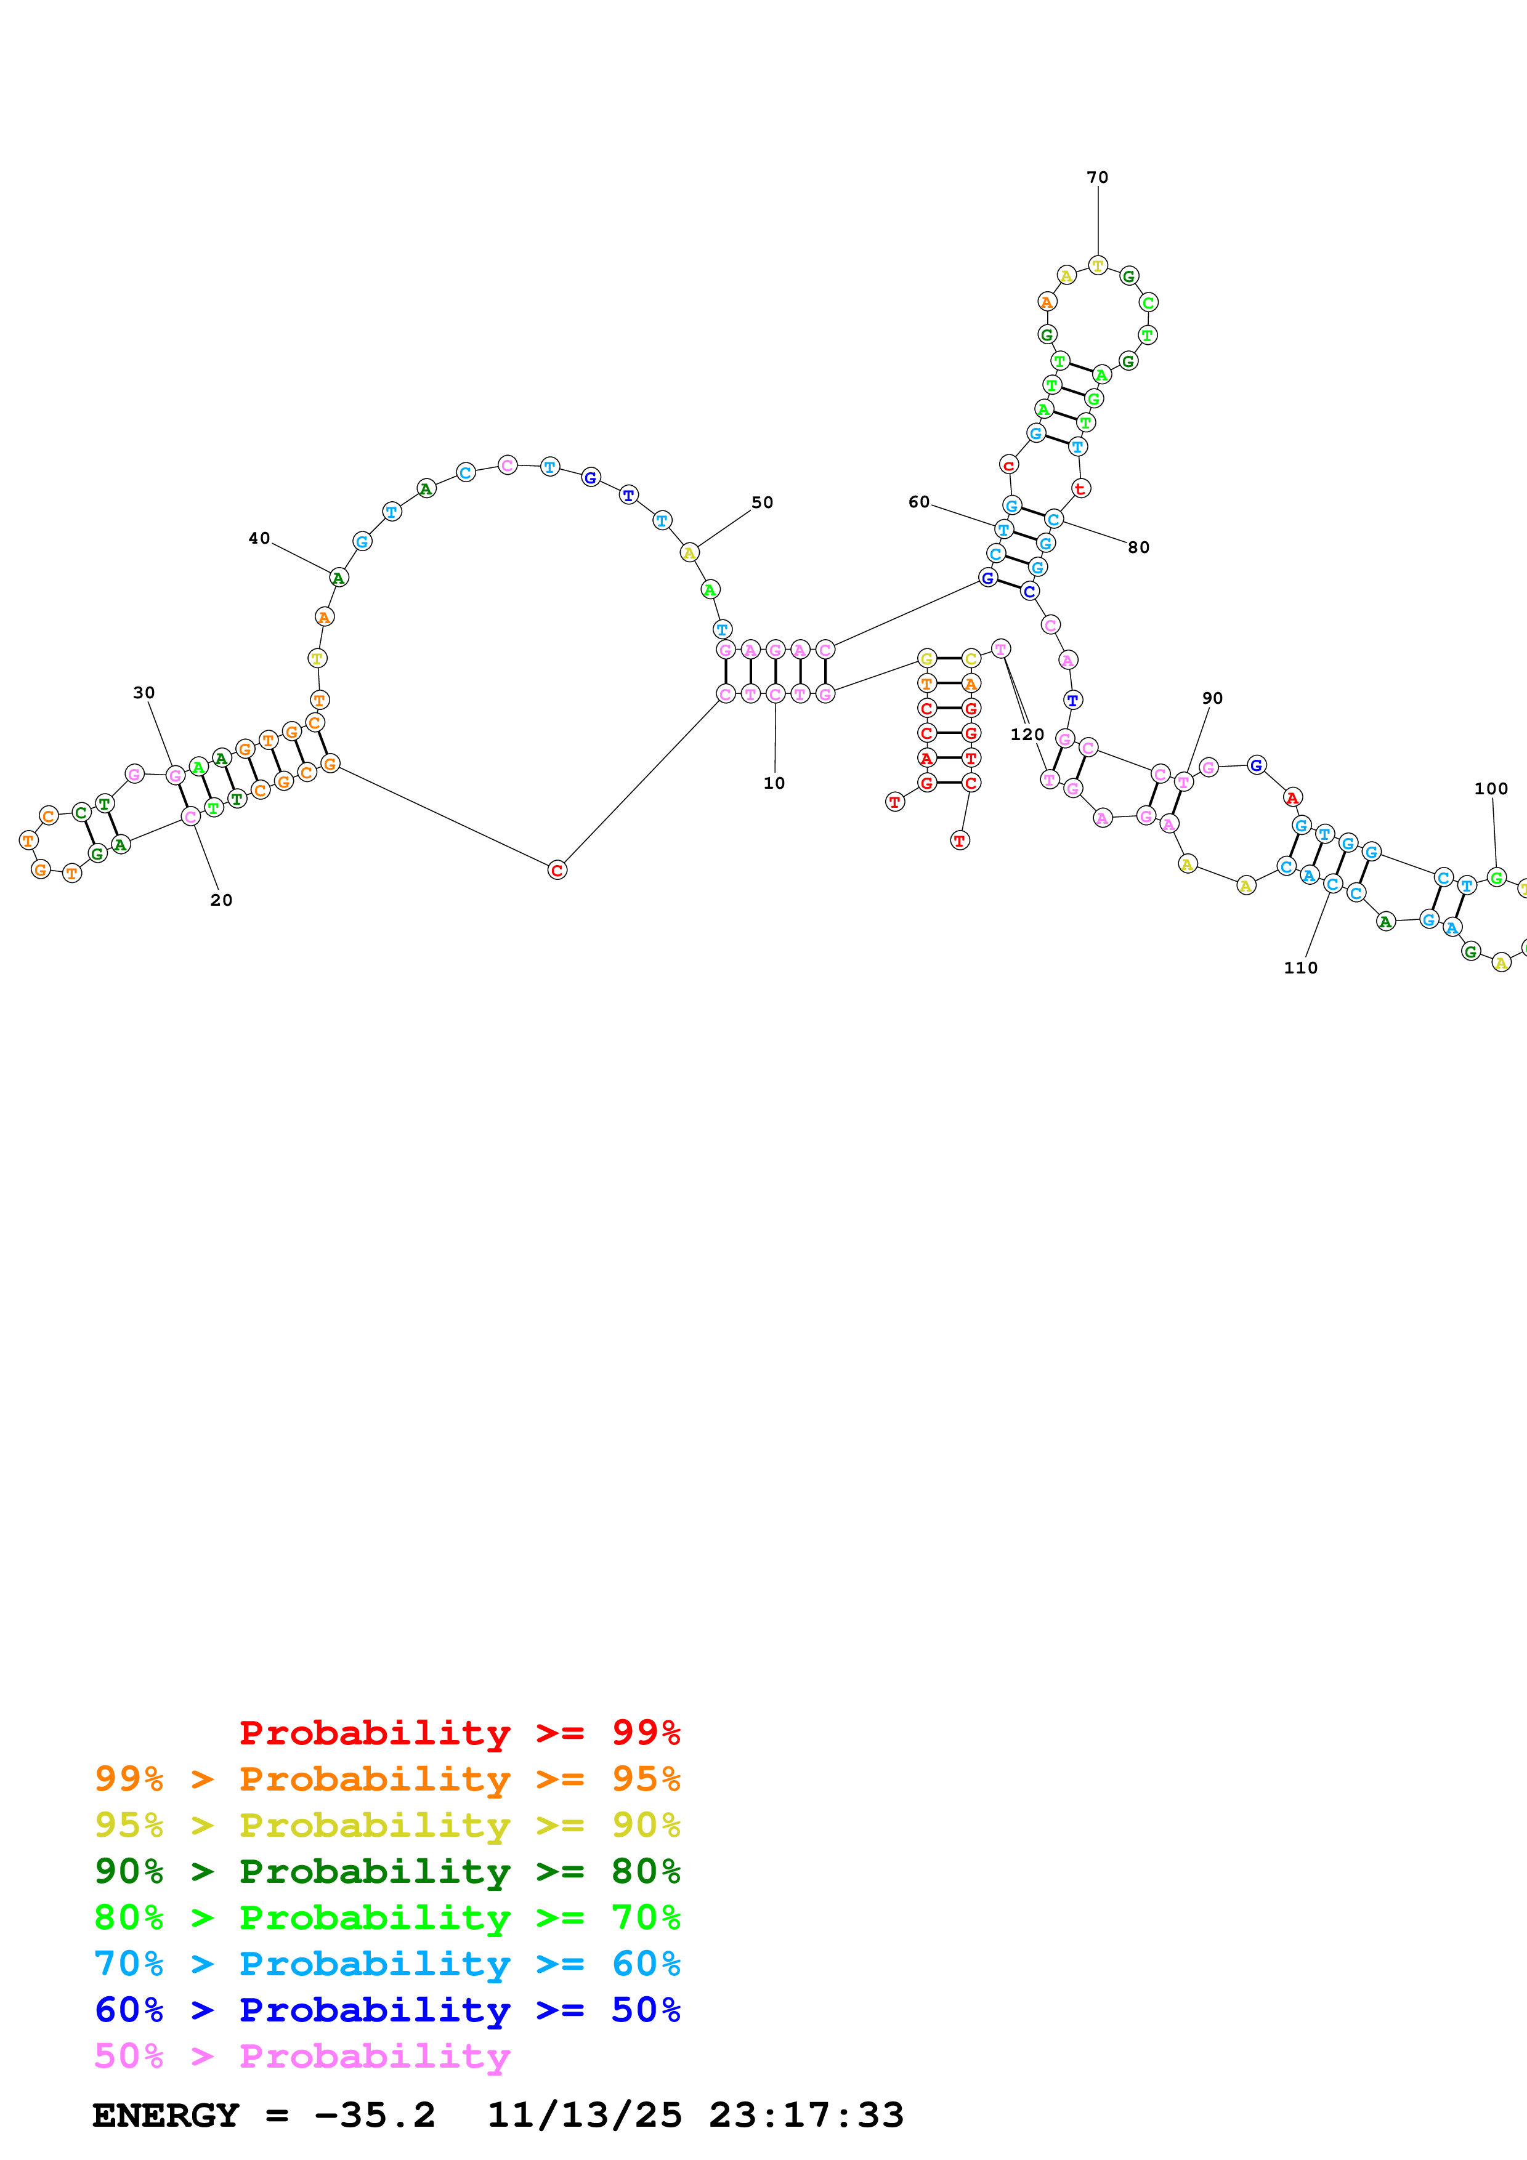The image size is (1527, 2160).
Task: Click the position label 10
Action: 774,783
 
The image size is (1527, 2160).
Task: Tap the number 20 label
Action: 221,900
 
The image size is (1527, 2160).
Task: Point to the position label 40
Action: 259,538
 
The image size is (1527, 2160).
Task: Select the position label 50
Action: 762,502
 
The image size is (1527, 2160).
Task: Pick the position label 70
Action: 1097,177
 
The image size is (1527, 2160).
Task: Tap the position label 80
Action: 1138,547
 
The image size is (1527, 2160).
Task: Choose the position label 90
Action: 1212,698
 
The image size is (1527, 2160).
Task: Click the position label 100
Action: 1490,788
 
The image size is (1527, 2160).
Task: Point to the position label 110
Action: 1300,967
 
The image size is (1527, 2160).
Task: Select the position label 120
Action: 1026,734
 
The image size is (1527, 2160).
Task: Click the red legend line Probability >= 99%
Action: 459,1732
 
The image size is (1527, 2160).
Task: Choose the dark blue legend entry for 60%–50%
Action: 387,2010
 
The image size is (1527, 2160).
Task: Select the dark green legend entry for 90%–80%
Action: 387,1871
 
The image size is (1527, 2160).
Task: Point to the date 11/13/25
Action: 583,2116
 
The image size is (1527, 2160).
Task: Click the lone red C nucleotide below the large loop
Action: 557,870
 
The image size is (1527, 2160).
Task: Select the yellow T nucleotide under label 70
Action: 1097,265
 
